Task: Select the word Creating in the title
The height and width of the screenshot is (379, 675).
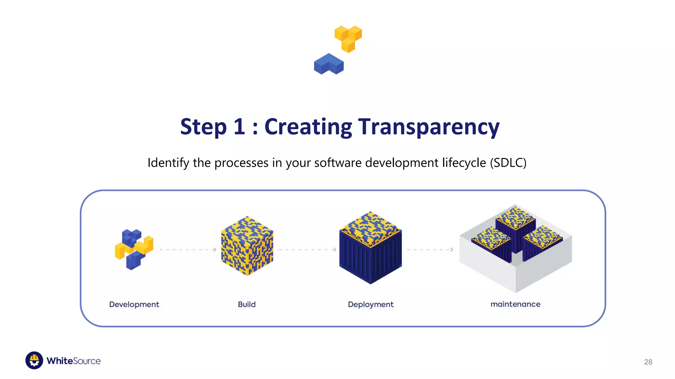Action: [x=308, y=127]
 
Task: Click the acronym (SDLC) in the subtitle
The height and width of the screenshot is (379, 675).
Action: [x=508, y=163]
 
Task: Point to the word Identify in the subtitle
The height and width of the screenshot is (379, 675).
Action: [x=168, y=163]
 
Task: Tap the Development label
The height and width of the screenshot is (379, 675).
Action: [x=134, y=304]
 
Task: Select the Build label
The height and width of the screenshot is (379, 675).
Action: [x=247, y=304]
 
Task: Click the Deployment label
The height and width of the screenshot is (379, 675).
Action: [x=370, y=304]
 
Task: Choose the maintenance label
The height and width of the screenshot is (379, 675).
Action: [x=515, y=304]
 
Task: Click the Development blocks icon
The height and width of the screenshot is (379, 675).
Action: [x=134, y=249]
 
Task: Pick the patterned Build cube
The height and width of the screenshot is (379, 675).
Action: [x=247, y=246]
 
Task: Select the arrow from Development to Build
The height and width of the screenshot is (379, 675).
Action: [x=188, y=250]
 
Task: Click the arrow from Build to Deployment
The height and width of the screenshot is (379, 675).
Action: [x=307, y=250]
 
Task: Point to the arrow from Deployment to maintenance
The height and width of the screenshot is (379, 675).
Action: [x=430, y=250]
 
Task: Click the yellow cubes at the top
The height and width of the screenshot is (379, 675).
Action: [x=348, y=38]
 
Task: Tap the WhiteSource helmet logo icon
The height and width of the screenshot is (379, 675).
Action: [x=34, y=360]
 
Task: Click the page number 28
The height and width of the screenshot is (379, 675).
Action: [x=648, y=362]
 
